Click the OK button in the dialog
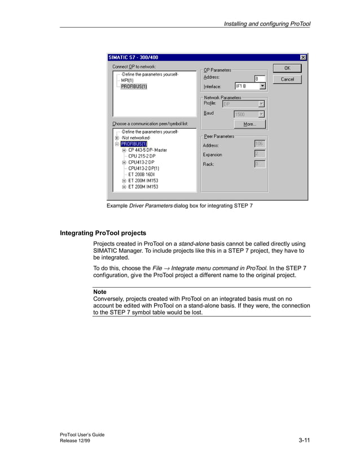(287, 68)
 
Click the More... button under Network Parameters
(249, 124)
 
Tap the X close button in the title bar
(303, 57)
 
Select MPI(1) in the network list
(127, 80)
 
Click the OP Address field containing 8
(259, 78)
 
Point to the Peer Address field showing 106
(259, 144)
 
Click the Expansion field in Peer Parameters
(259, 154)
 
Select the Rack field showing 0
(259, 164)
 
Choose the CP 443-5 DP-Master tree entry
(147, 150)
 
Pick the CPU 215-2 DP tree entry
(142, 156)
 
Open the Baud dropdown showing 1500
(249, 114)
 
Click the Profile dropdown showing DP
(243, 104)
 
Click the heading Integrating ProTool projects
(103, 233)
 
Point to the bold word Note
(99, 292)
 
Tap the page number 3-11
(304, 440)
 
